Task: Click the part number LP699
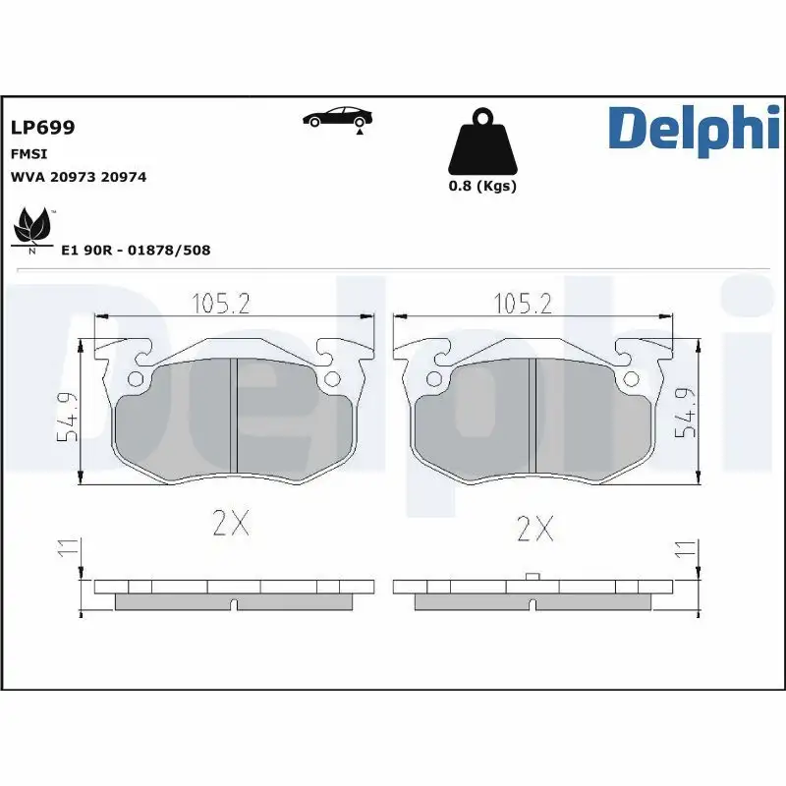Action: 42,128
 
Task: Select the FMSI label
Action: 28,154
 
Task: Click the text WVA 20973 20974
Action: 78,177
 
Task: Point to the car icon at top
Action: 337,118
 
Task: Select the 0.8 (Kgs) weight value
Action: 481,186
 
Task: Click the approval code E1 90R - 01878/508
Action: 136,251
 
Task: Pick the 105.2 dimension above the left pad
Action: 219,304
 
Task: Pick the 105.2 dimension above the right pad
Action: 521,304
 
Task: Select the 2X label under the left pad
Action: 231,525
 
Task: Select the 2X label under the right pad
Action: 534,531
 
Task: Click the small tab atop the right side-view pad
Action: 532,577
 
